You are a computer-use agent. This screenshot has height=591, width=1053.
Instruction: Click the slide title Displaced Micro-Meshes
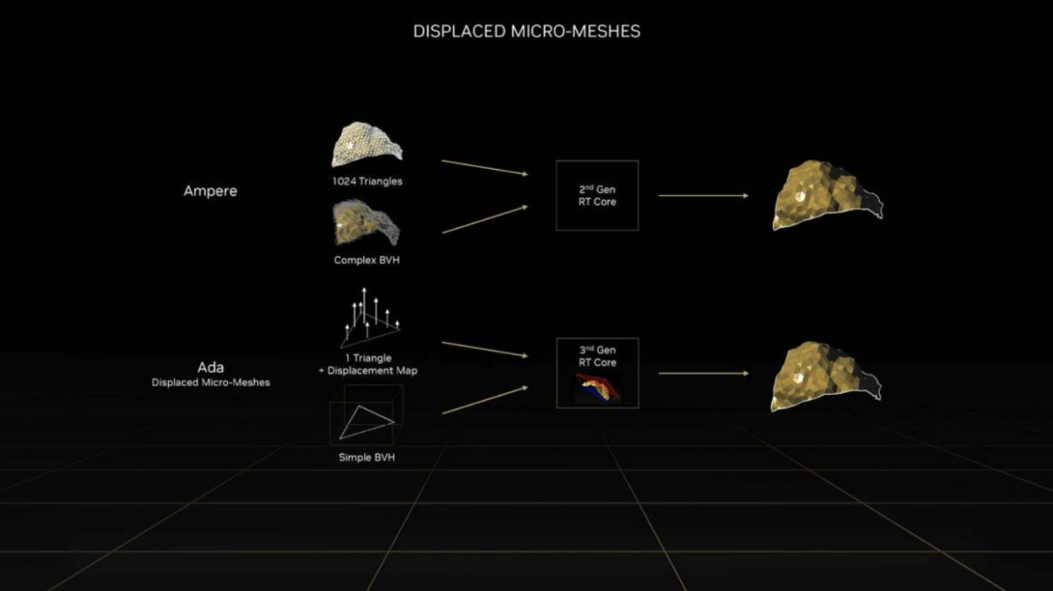click(x=526, y=31)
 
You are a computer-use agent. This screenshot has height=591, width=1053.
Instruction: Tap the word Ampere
click(x=210, y=191)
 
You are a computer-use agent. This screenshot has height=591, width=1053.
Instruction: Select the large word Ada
click(x=210, y=367)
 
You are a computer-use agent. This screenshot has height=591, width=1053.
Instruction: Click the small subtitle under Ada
click(x=210, y=382)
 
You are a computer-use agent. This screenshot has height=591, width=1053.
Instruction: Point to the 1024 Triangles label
click(x=366, y=180)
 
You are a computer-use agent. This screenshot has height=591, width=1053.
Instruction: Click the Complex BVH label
click(x=366, y=260)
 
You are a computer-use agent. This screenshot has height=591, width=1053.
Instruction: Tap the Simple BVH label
click(x=366, y=457)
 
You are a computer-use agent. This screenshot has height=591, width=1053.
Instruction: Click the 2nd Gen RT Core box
click(x=597, y=195)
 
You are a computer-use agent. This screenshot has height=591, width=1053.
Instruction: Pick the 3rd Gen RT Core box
click(x=597, y=372)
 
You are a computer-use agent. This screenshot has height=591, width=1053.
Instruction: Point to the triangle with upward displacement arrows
click(x=368, y=320)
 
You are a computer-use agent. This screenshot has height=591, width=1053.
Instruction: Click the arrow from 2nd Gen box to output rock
click(x=703, y=195)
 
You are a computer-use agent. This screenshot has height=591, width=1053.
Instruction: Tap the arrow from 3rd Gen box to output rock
click(x=703, y=373)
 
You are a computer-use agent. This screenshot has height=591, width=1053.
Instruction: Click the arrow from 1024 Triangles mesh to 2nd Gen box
click(x=484, y=167)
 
